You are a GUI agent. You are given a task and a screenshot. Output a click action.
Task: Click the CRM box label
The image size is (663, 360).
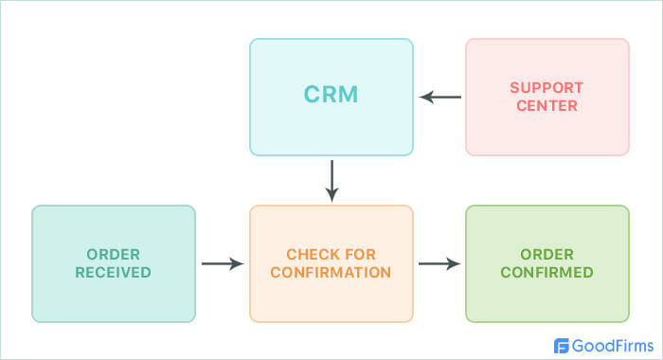(x=331, y=96)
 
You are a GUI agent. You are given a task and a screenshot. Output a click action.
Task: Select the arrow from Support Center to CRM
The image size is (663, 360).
(x=440, y=97)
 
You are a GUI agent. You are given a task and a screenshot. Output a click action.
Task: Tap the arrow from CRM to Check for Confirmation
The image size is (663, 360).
(x=331, y=180)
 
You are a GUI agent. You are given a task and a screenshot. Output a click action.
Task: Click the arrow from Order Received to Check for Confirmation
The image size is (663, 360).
(x=223, y=263)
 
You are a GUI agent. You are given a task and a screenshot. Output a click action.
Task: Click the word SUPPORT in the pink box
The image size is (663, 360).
(x=547, y=88)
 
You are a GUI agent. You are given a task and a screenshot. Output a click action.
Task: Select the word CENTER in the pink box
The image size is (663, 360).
(x=547, y=105)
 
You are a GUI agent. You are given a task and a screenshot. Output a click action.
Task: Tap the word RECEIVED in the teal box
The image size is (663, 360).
(x=114, y=272)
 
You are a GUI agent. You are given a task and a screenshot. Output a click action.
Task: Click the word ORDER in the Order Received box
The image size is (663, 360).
(x=114, y=255)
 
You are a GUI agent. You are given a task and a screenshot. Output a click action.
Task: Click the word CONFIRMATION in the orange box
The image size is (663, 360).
(x=331, y=272)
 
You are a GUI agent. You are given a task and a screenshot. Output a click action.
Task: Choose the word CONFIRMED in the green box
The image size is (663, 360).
(x=547, y=272)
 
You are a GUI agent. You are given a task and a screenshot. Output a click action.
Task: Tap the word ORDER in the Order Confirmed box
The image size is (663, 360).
(x=547, y=255)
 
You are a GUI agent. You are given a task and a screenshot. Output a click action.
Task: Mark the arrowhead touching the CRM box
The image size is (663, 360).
(x=426, y=97)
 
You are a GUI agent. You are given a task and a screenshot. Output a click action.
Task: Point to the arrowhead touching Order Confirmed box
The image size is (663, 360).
(x=455, y=263)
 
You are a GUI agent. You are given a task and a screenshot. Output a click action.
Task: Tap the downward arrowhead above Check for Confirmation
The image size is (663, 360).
(x=331, y=194)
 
